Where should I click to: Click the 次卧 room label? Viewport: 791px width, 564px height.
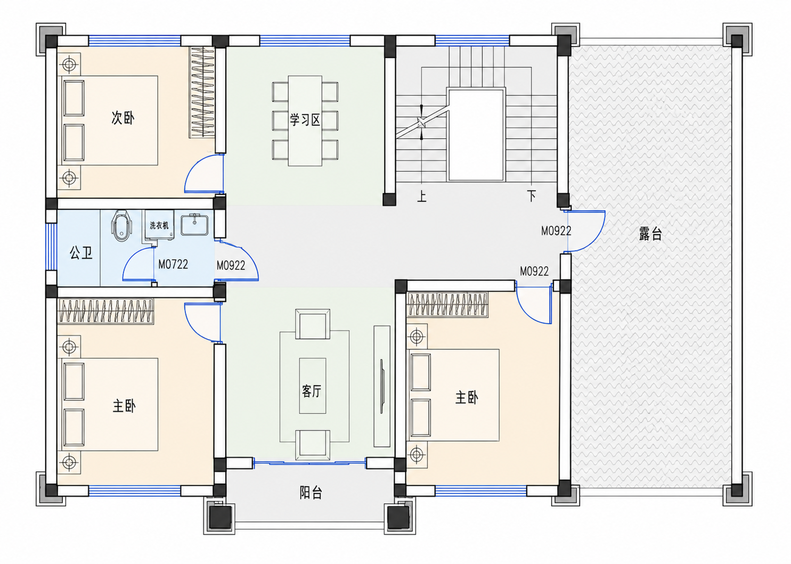coord(123,118)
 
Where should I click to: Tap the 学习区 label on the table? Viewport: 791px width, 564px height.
coord(305,120)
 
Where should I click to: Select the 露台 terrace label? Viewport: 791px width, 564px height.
coord(650,234)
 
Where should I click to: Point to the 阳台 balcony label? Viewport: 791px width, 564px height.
coord(311,492)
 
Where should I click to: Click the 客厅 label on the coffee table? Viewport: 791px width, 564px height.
coord(312,391)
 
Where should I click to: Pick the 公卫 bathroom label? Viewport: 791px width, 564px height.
coord(81,252)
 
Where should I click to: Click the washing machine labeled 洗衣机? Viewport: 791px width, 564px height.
coord(158,227)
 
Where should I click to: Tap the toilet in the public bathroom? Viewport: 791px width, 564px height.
coord(121,226)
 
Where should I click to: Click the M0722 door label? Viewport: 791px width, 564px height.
coord(173,264)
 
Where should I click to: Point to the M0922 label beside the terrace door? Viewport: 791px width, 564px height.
coord(556,231)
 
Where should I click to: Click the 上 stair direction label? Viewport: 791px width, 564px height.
coord(422,196)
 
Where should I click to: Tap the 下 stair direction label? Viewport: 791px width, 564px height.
coord(532,196)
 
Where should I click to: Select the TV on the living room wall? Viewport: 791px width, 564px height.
coord(382,386)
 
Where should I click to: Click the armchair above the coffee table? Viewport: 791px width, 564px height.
coord(313,324)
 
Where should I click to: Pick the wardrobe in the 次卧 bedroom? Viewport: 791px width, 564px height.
coord(202,92)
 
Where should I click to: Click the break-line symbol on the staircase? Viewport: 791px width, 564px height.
coord(422,122)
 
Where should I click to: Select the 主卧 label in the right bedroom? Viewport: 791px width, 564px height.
coord(467,398)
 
